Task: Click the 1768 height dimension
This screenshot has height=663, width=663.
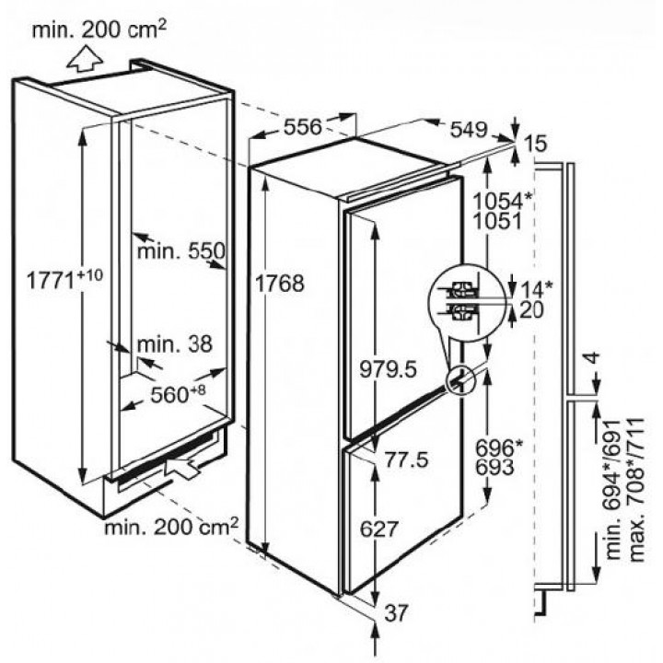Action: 280,284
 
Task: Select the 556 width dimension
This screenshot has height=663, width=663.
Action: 303,127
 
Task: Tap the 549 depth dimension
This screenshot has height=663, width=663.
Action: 469,130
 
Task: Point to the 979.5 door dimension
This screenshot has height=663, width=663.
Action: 389,369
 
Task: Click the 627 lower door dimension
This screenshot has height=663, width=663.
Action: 379,529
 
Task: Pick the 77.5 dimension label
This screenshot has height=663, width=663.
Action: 406,459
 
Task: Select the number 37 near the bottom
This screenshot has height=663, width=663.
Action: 396,612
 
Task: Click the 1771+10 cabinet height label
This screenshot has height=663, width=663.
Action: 64,279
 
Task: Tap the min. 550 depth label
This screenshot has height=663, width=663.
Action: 181,251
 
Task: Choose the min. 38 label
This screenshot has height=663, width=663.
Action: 175,344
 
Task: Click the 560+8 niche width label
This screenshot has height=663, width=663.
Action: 178,394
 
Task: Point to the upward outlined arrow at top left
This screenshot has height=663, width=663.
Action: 86,60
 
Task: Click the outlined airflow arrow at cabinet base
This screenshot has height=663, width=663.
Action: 183,465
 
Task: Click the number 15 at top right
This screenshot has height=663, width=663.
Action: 536,144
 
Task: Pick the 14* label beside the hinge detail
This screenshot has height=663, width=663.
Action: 536,290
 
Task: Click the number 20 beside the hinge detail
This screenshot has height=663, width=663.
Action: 531,310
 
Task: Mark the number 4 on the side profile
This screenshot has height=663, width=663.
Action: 593,358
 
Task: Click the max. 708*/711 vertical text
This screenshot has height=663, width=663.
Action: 637,491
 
